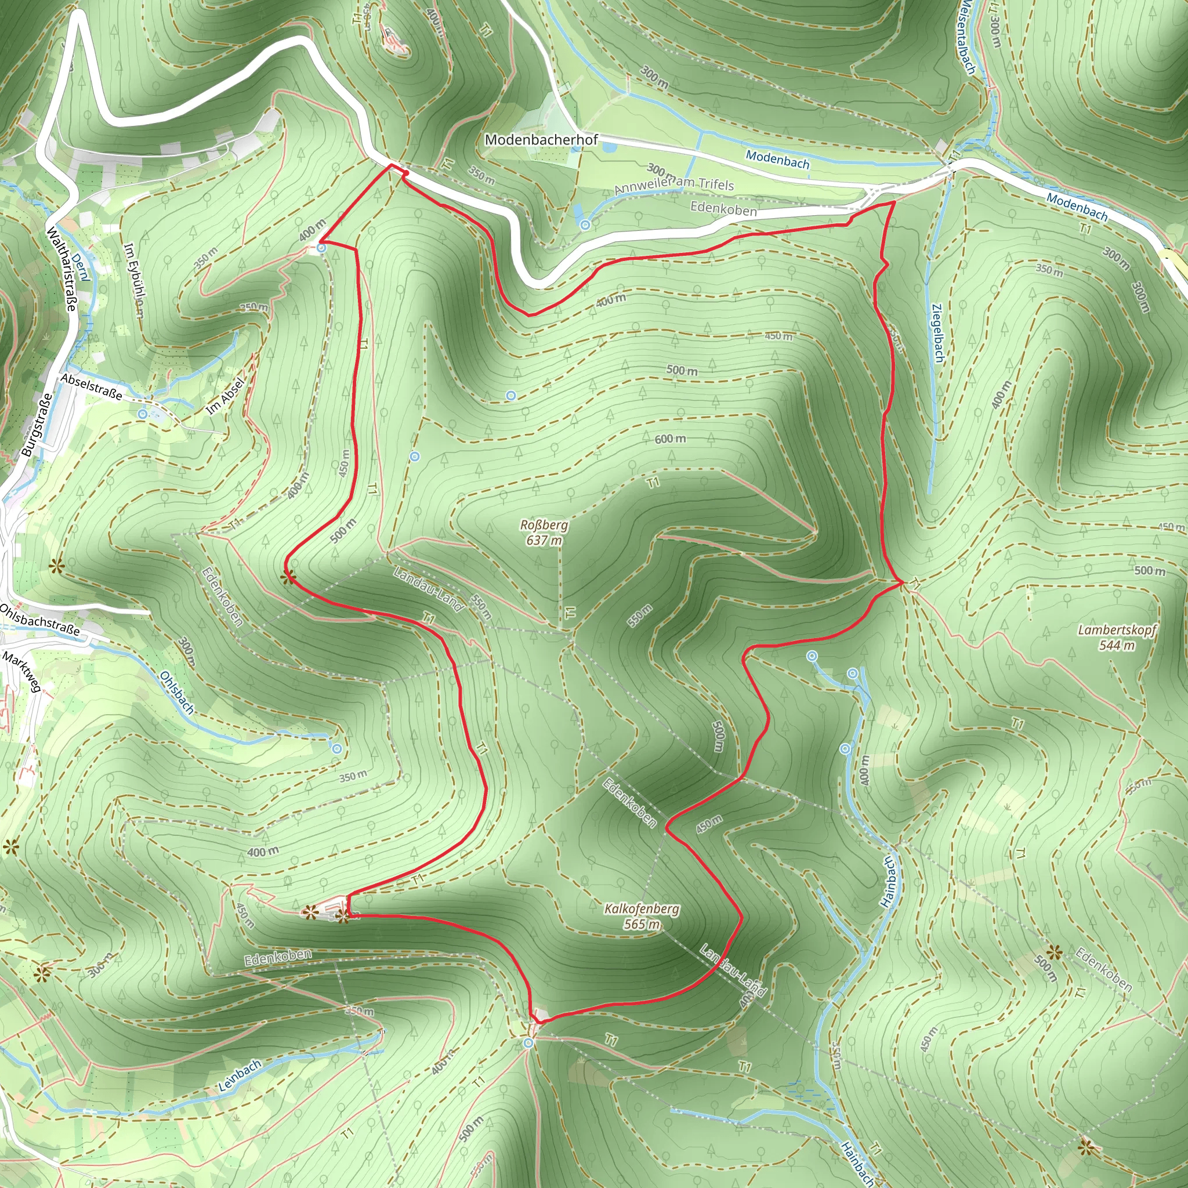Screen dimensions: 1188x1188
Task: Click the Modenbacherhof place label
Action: [541, 140]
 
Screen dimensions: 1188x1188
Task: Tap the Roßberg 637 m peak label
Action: [544, 533]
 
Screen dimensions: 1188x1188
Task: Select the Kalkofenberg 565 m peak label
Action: [642, 916]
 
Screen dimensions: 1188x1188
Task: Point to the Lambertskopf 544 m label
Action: [1117, 638]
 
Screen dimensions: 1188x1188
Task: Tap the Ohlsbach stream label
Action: [176, 693]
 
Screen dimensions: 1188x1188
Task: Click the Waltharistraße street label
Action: [61, 269]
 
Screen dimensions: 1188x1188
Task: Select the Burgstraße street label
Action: [37, 425]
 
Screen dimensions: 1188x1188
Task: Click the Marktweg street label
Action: [21, 672]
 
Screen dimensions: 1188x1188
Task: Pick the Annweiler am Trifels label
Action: [674, 186]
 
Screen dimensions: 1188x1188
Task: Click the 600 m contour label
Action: [670, 439]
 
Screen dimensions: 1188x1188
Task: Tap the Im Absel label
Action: [225, 396]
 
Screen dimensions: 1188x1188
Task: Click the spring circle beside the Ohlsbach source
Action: [336, 749]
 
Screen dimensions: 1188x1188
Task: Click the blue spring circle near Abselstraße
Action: [143, 414]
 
